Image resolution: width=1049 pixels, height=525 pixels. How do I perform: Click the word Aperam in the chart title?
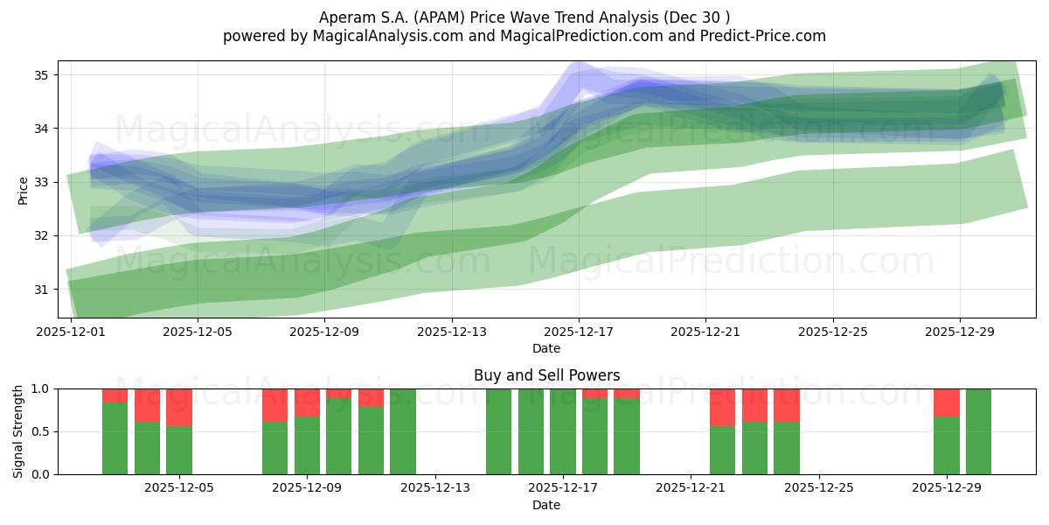[x=345, y=17]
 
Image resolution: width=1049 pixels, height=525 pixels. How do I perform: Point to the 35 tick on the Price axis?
[x=43, y=75]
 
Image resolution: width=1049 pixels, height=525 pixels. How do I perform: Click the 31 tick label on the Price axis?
[x=43, y=290]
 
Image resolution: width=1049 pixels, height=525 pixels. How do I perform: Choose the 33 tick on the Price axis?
[x=43, y=182]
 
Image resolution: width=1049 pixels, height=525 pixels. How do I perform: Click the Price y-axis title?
[x=23, y=190]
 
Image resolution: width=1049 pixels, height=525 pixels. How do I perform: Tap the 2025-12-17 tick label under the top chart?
[x=578, y=332]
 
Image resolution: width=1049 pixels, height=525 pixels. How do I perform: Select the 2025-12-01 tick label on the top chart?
[x=70, y=332]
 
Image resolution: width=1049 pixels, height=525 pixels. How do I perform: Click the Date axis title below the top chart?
[x=546, y=348]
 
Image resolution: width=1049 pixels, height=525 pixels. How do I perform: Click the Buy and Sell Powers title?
[x=546, y=375]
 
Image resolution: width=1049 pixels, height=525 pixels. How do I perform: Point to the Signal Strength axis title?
[x=19, y=431]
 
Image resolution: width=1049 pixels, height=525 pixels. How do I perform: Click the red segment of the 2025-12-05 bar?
[x=179, y=407]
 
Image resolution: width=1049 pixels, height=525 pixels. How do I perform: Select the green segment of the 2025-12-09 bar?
[x=307, y=445]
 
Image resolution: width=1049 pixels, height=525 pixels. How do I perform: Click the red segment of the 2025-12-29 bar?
[x=947, y=402]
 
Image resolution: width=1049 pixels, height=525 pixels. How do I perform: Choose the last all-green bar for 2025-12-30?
[x=978, y=431]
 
